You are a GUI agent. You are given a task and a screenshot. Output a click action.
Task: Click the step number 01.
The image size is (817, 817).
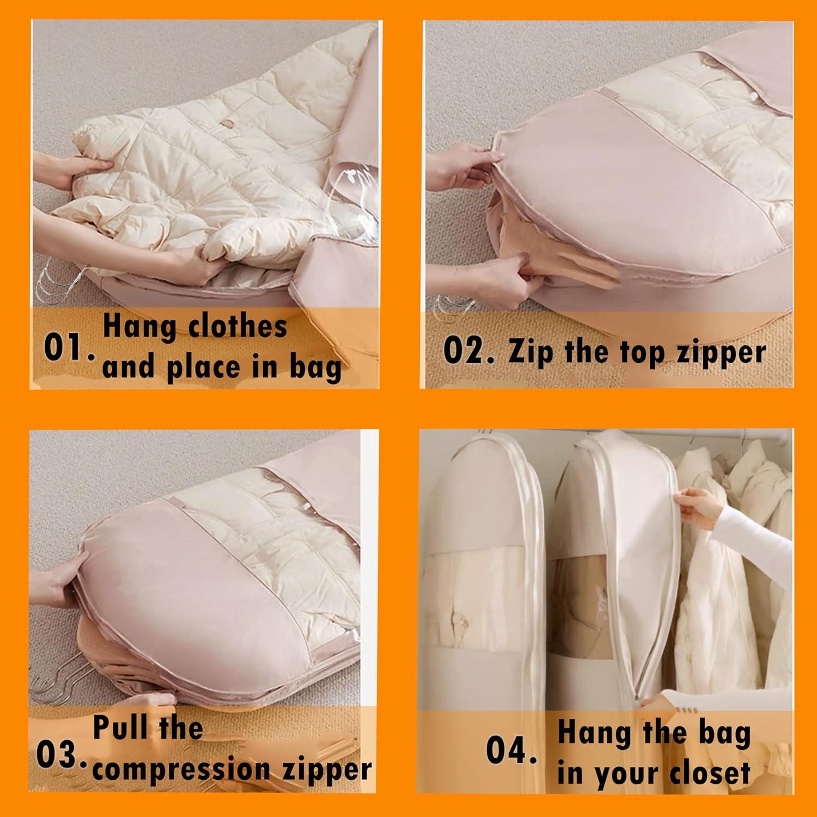coord(69,349)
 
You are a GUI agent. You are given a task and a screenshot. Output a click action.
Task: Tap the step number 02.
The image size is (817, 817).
coord(469,351)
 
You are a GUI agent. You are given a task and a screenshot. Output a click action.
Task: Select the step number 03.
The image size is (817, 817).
coord(61,756)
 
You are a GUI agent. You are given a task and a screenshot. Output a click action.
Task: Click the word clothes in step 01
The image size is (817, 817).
coord(237,326)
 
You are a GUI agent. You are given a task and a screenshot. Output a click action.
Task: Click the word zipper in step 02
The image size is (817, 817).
coord(722,353)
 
